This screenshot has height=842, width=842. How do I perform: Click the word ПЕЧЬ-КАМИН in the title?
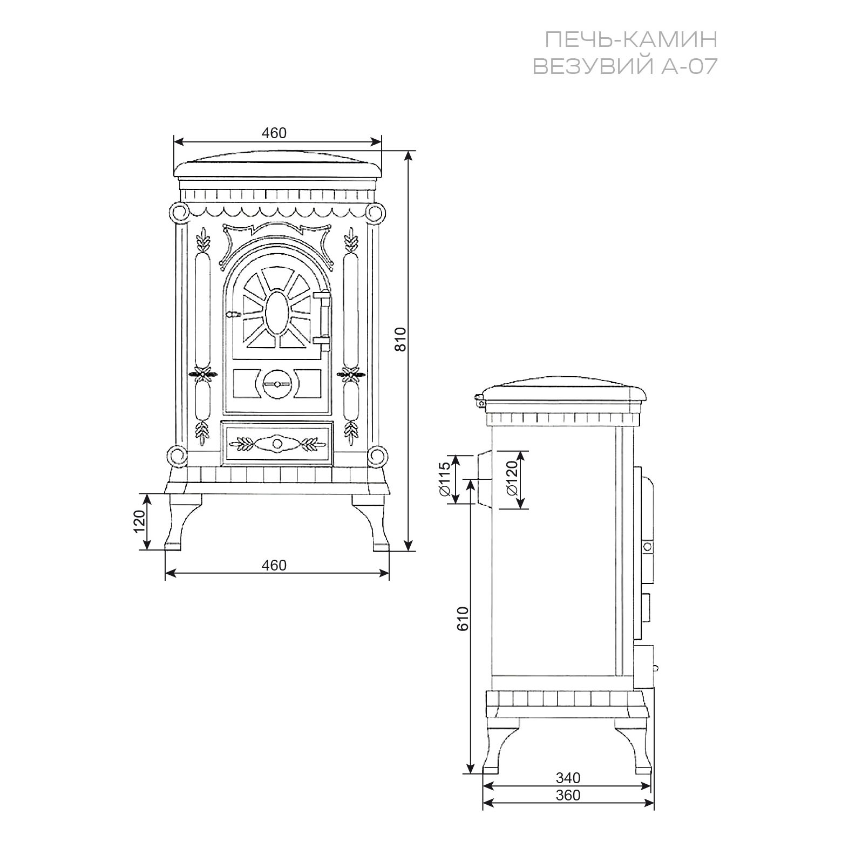click(x=631, y=39)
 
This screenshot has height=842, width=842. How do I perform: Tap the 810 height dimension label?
click(x=400, y=339)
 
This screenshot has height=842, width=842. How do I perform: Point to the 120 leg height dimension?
click(x=140, y=521)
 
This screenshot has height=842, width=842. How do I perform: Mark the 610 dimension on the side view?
click(x=463, y=619)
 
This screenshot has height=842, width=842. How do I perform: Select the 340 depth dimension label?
click(x=568, y=778)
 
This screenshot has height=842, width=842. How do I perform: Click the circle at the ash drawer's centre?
click(x=277, y=444)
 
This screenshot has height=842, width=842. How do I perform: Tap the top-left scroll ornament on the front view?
click(x=178, y=213)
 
